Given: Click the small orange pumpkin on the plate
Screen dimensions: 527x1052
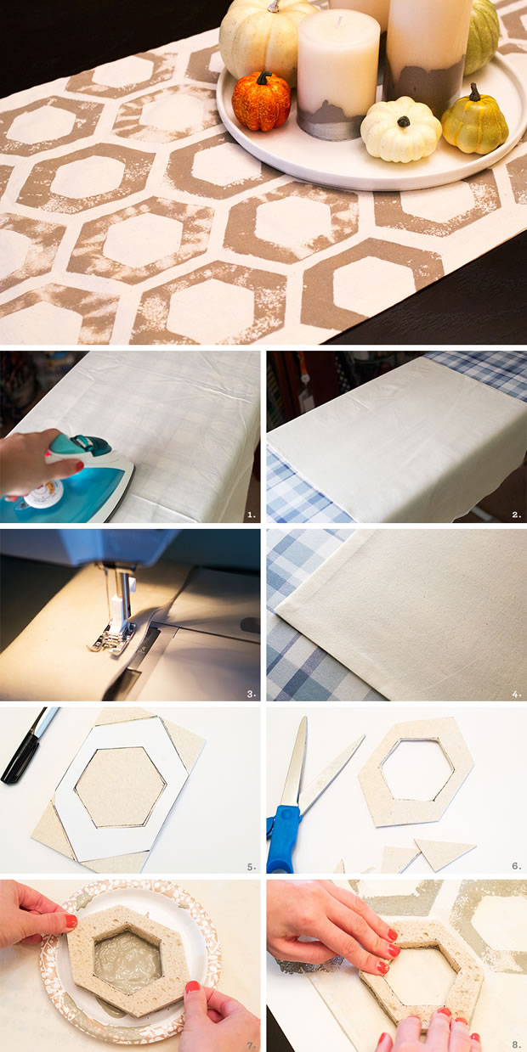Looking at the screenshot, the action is click(x=261, y=103).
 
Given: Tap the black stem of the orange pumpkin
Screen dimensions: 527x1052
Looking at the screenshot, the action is click(x=263, y=77).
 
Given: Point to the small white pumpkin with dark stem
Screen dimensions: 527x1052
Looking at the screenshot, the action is click(x=400, y=129).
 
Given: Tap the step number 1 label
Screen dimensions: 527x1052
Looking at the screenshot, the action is click(x=252, y=515).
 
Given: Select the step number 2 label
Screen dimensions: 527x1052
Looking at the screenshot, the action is click(x=517, y=515).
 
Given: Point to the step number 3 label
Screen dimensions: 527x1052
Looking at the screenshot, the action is click(x=252, y=694).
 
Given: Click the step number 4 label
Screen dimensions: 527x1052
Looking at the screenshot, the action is click(x=517, y=694).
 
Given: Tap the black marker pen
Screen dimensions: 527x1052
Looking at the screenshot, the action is click(x=28, y=745).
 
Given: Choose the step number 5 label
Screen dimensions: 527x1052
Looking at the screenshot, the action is click(x=252, y=867).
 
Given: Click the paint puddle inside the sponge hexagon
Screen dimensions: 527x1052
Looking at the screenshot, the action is click(x=127, y=956).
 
